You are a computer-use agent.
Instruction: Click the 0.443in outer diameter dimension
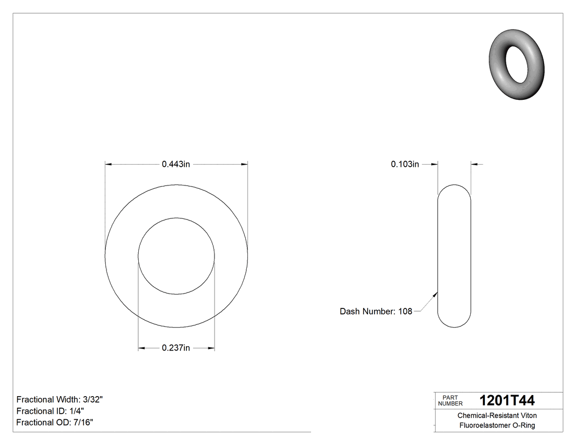176,164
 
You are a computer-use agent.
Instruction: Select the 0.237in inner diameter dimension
176,348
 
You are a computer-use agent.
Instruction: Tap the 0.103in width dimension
405,164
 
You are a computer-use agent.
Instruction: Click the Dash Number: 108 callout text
376,311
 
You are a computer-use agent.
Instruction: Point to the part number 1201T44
507,400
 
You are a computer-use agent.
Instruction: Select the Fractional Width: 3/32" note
60,399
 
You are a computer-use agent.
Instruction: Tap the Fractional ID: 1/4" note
50,411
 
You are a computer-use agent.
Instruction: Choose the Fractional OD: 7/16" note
55,423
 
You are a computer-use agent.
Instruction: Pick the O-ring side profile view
454,256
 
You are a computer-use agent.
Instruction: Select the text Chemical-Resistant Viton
497,416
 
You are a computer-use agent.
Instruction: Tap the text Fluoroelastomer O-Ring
497,426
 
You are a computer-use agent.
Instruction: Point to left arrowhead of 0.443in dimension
108,164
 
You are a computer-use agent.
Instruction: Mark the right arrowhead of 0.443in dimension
244,164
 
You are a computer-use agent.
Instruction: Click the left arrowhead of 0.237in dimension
141,348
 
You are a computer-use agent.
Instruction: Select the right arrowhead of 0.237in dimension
211,348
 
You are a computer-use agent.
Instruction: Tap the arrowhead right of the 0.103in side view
475,164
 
